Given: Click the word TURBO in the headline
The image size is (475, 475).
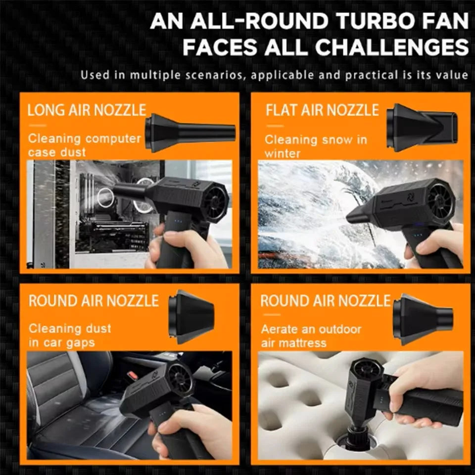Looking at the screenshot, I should point(364,21).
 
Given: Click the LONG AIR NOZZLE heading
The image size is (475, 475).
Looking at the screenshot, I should point(87,110).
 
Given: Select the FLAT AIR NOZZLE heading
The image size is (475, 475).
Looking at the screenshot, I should point(322,110).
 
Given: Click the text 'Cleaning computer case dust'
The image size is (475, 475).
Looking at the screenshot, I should point(84,145).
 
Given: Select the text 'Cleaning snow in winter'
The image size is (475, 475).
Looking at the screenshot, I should point(316,146).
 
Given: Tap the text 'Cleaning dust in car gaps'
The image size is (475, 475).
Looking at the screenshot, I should point(70,335).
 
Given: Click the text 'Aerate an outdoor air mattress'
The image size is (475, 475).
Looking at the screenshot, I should point(311,336).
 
